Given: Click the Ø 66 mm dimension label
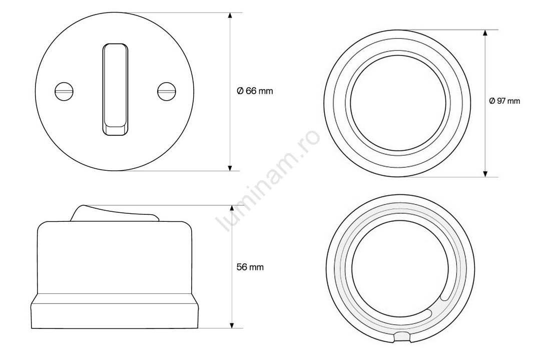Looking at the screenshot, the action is click(x=255, y=91).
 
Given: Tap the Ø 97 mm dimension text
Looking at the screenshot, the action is click(x=504, y=101).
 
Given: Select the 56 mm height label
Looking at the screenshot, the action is click(x=250, y=267).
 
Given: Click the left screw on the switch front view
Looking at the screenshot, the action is click(x=65, y=92).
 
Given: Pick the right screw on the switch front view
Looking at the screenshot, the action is click(x=167, y=92).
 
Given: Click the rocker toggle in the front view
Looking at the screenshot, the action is click(x=115, y=90).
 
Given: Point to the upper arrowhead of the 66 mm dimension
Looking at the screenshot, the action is click(x=230, y=16).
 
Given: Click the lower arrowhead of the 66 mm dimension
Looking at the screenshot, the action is click(x=230, y=167).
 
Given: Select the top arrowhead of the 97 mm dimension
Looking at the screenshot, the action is click(x=485, y=33).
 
